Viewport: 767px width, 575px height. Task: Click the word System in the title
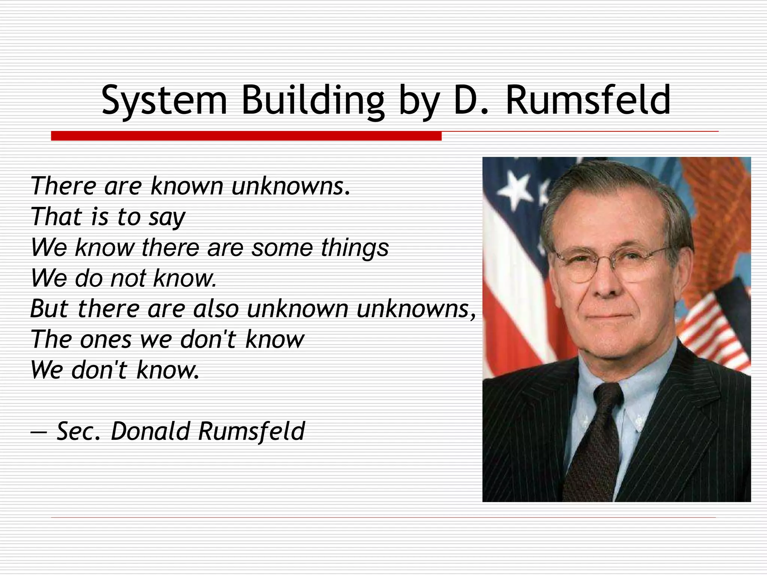coord(164,100)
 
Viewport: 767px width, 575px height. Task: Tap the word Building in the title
coord(313,100)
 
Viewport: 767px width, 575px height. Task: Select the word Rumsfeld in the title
coord(588,100)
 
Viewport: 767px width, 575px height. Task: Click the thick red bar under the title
coord(246,136)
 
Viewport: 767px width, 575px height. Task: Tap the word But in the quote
coord(49,309)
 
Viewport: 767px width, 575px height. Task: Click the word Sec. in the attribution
coord(78,431)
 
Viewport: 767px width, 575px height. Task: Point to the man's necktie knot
coord(604,397)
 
